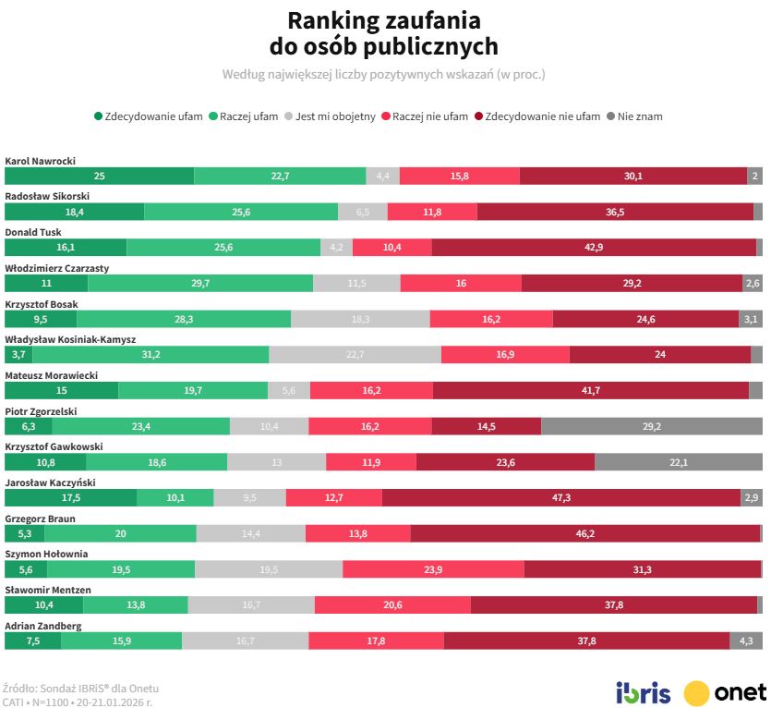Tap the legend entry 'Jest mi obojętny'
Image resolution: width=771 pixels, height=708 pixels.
[x=335, y=116]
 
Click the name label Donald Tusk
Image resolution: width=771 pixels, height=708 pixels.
[x=33, y=232]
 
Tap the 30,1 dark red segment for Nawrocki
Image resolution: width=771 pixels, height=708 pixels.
[x=633, y=177]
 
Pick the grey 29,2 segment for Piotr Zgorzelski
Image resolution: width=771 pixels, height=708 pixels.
[x=652, y=426]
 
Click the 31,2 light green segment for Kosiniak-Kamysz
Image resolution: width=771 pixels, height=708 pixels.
[x=151, y=355]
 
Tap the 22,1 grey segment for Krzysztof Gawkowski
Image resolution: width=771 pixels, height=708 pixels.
[x=679, y=462]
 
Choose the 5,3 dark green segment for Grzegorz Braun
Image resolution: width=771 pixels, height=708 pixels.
[x=25, y=533]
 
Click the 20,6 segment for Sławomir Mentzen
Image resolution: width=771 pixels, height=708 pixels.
[x=392, y=604]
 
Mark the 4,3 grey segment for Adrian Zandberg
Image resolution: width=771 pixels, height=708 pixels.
[x=746, y=641]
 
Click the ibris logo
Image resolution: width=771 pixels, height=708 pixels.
[x=643, y=692]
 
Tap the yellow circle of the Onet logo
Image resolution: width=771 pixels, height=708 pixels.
[x=697, y=692]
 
